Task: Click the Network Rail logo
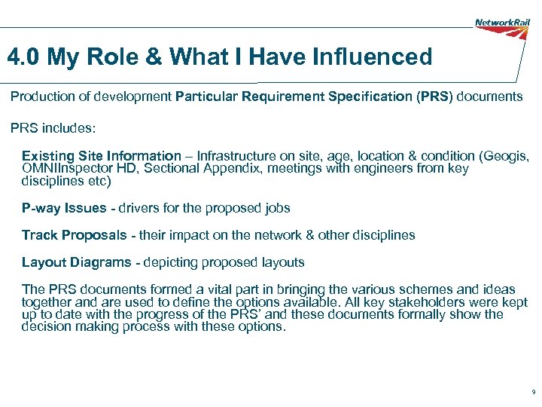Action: pos(502,23)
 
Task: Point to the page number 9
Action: pos(533,393)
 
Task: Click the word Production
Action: pos(43,96)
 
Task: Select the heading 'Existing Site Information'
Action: pos(102,156)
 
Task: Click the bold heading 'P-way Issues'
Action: pos(64,208)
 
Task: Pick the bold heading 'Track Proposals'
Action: pos(75,235)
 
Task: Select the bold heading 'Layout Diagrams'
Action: pos(75,262)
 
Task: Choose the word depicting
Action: pos(165,262)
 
